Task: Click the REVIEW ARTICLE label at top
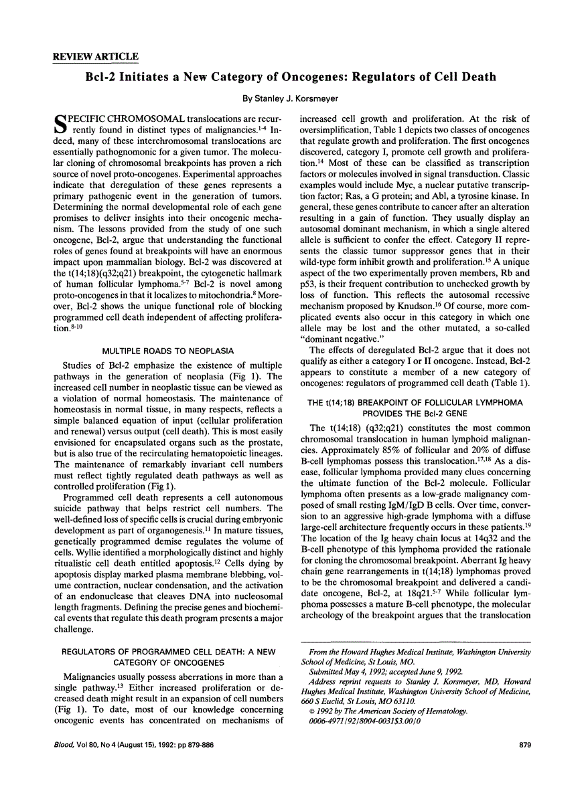pyautogui.click(x=95, y=57)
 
